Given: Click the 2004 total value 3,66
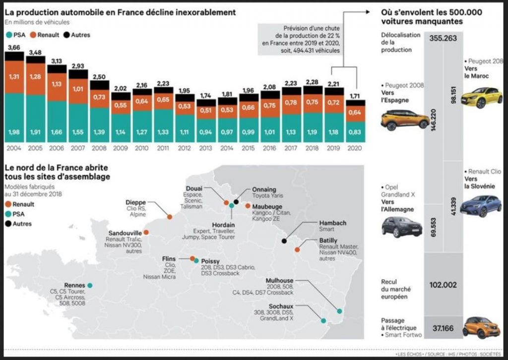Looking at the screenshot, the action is (14, 48).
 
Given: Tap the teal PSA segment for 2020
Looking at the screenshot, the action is (355, 132).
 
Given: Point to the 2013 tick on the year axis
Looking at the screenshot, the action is (206, 148).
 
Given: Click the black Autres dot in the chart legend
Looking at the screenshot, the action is (66, 35).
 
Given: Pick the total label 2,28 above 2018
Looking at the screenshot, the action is (312, 82).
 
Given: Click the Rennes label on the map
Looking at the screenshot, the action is (74, 285).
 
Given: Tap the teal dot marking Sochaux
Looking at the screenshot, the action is (323, 321).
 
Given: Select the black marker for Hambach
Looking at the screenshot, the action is (284, 241).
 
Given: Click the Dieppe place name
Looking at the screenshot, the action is (136, 202).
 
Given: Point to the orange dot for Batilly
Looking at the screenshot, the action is (297, 249).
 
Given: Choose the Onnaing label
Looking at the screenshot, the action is (264, 189).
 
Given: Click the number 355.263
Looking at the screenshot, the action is (443, 38).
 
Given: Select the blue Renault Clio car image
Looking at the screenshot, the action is (481, 206).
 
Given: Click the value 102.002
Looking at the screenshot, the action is (443, 285).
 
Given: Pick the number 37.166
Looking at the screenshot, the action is (443, 328).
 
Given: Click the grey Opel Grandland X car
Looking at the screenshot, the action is (402, 227).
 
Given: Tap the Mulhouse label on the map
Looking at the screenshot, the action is (279, 281).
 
